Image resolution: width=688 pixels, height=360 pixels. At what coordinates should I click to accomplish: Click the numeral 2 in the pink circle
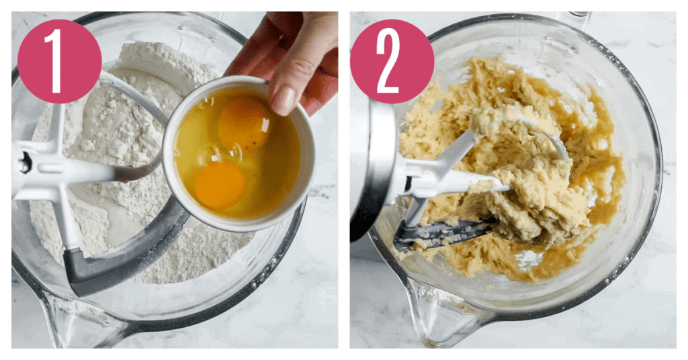point(388,61)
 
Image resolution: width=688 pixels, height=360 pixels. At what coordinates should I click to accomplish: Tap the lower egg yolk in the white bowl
point(220,185)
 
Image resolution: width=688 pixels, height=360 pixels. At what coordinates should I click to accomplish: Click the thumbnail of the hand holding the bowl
point(284,101)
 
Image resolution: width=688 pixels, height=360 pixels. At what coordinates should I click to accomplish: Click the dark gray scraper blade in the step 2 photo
point(443,233)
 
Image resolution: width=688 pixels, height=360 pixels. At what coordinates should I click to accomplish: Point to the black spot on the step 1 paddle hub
point(25,163)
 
